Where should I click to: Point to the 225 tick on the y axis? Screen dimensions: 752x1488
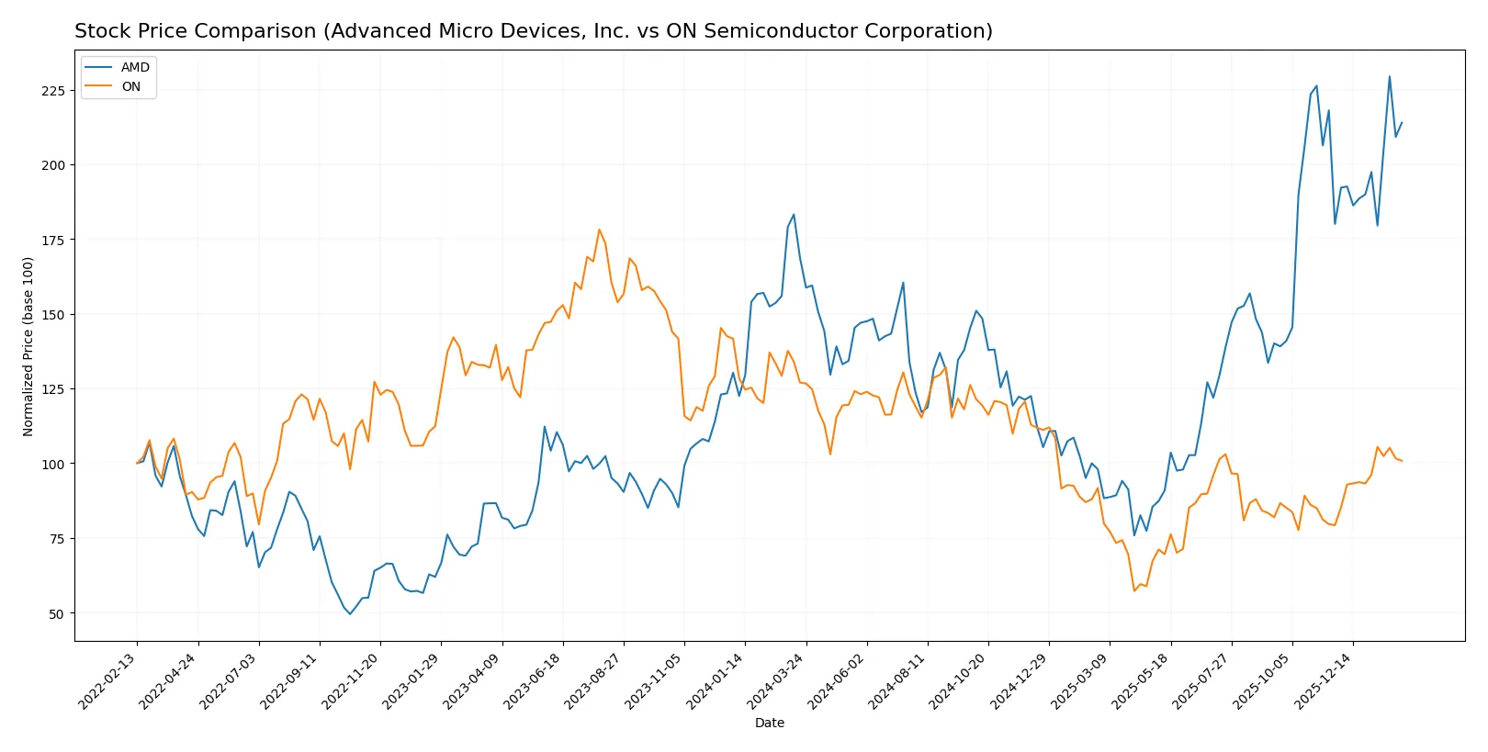tap(53, 91)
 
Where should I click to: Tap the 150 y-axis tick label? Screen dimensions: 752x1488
tap(53, 315)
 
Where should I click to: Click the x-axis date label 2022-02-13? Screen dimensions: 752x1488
tap(108, 680)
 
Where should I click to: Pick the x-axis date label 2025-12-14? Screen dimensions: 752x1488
tap(1324, 680)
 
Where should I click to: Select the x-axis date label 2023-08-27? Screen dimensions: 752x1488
tap(594, 680)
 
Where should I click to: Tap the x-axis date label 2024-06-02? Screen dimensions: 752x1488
tap(838, 680)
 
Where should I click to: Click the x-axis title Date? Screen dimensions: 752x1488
tap(769, 723)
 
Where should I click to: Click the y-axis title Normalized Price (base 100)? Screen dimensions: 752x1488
tap(28, 346)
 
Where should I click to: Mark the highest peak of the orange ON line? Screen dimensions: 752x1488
tap(599, 230)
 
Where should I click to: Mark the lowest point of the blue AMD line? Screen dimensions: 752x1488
tap(350, 613)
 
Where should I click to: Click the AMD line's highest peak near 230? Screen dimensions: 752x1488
tap(1389, 76)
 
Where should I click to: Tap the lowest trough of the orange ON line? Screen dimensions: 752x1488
tap(1134, 590)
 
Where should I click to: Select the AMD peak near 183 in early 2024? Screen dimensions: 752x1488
tap(794, 215)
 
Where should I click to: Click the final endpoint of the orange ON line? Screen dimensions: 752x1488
tap(1402, 461)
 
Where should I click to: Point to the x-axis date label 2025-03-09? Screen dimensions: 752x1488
tap(1080, 680)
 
